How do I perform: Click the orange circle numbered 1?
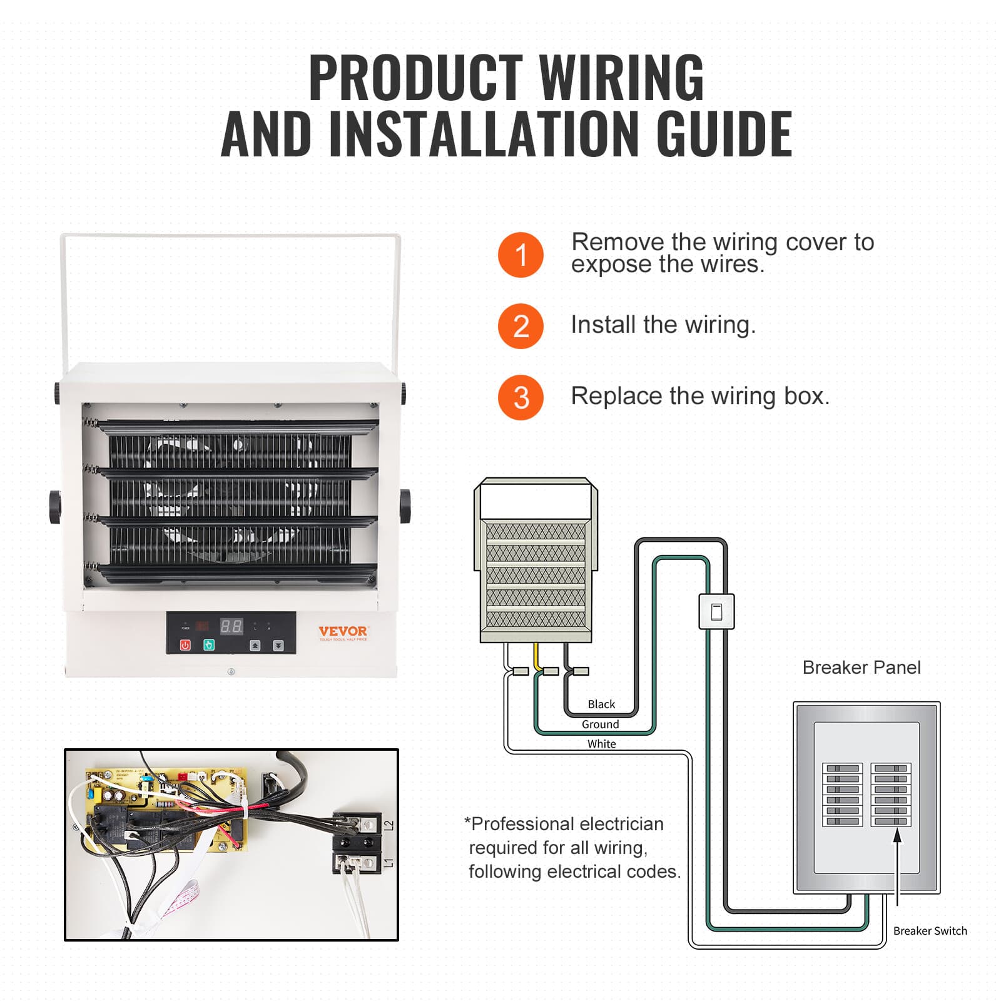coord(521,255)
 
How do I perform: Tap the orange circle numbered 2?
coord(521,326)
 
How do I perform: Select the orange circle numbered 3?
coord(521,397)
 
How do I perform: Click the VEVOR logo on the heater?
coord(343,632)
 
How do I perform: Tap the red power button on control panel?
coord(185,645)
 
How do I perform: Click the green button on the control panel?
coord(209,644)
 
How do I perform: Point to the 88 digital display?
coord(231,626)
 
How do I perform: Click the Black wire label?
coord(601,704)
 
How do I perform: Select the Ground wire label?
coord(600,724)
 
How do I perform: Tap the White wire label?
coord(601,744)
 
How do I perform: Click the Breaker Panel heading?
coord(861,668)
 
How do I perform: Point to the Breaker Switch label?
coord(930,931)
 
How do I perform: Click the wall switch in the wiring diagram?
coord(716,611)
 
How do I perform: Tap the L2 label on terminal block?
coord(389,826)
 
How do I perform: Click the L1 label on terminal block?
coord(389,863)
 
